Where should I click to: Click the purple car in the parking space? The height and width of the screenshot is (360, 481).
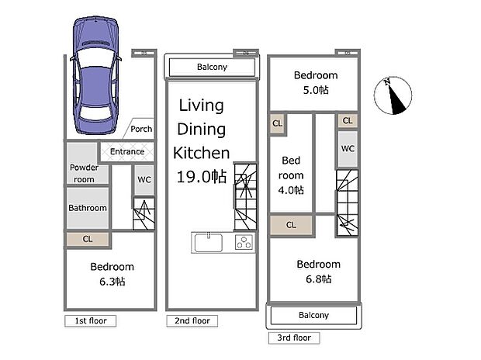tap(95, 75)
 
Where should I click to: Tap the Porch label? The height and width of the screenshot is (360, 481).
tap(141, 129)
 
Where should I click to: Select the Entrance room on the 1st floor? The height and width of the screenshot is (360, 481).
tap(127, 151)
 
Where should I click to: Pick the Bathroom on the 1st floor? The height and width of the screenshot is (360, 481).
tap(88, 208)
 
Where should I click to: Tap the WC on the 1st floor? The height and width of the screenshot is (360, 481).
tap(144, 180)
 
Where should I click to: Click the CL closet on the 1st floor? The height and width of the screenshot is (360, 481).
tap(88, 239)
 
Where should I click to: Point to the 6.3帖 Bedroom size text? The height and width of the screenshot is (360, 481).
tap(112, 282)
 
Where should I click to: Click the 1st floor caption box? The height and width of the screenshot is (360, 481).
tap(91, 321)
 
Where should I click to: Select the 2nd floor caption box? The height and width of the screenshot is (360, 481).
tap(192, 321)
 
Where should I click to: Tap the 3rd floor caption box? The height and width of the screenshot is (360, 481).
tap(294, 338)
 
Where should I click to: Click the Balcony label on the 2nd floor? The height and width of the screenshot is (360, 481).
tap(212, 67)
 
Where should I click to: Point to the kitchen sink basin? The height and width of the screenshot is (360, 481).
tap(209, 242)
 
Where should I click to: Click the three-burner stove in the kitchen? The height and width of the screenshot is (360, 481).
tap(244, 242)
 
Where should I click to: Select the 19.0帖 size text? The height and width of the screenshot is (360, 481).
tap(202, 177)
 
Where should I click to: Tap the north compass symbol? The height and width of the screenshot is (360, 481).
tap(393, 95)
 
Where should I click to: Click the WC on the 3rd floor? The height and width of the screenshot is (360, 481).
tap(348, 149)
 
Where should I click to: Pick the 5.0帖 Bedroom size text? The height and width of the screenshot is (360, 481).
tap(316, 90)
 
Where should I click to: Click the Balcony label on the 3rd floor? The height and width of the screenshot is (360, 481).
tap(313, 315)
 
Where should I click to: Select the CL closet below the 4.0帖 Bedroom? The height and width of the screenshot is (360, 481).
tap(291, 225)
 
